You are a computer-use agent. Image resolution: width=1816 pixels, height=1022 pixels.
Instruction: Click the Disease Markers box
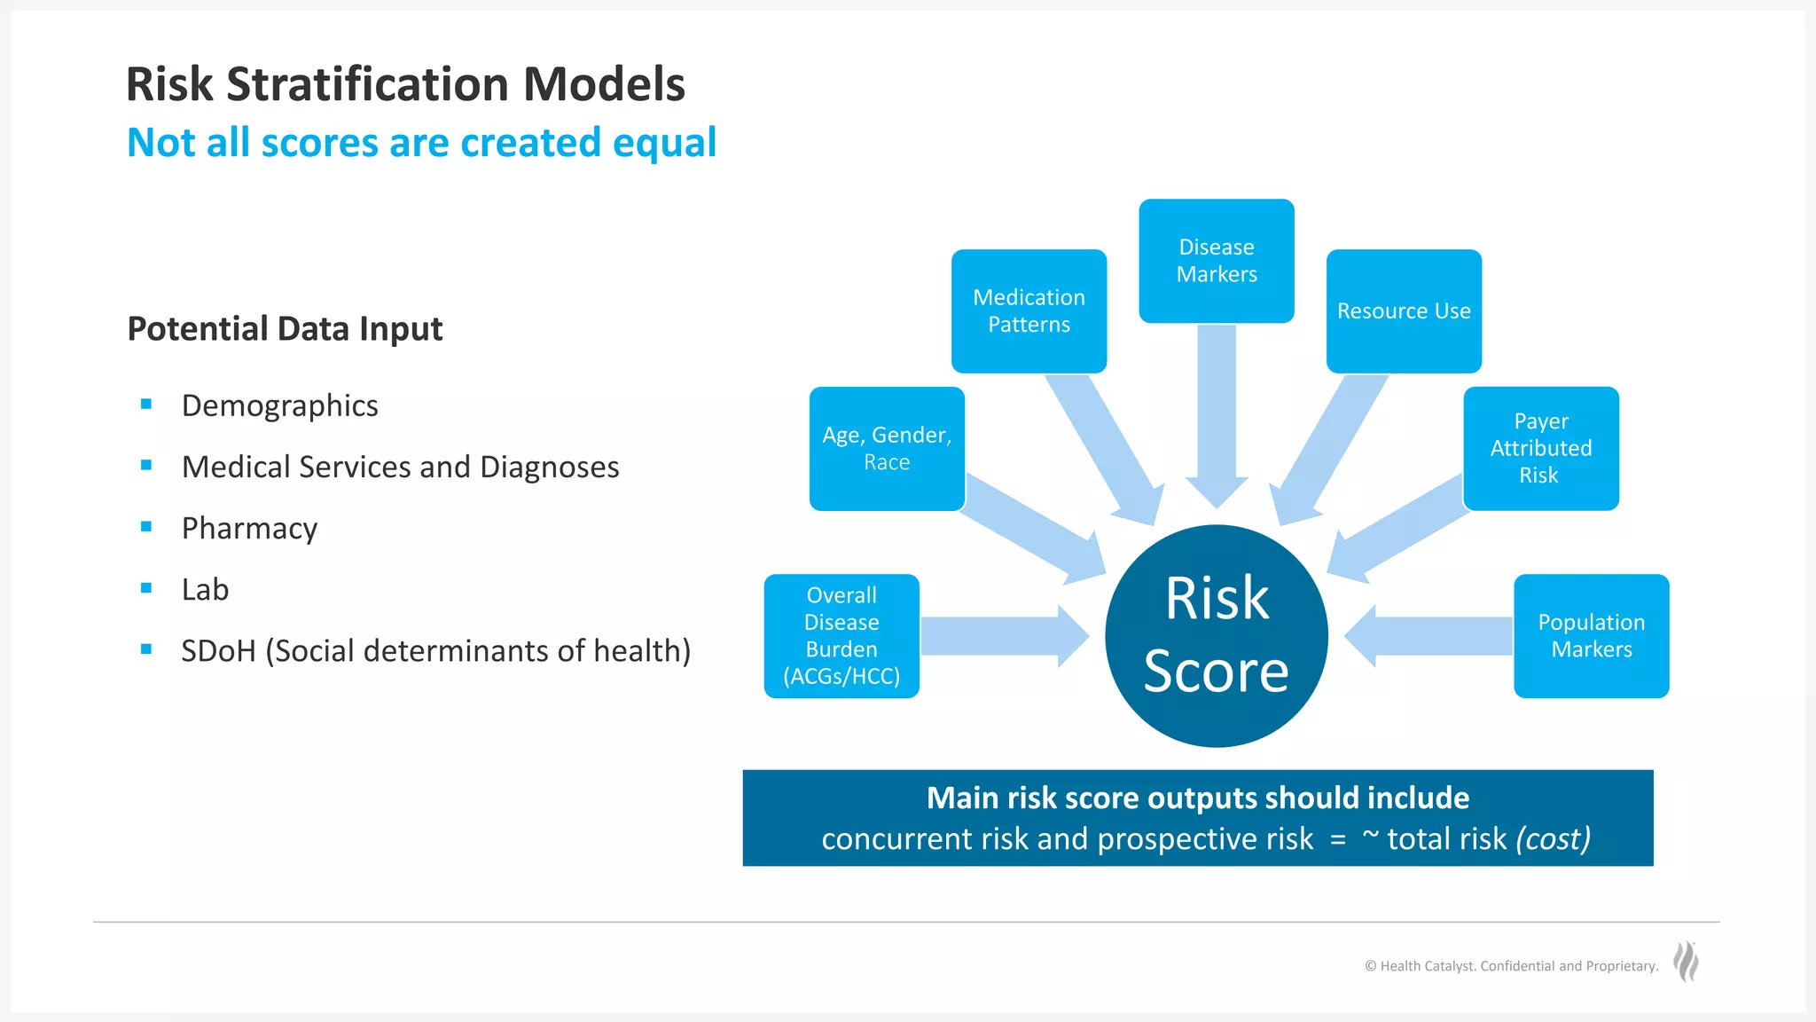(x=1216, y=261)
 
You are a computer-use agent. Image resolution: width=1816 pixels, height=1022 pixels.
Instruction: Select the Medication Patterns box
(x=1029, y=311)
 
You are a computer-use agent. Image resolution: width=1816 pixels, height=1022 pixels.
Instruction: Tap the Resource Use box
(x=1404, y=311)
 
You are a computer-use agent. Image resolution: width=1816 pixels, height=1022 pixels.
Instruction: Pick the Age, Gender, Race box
(x=887, y=448)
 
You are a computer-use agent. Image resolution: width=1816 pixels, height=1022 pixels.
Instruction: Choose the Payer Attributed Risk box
(x=1540, y=448)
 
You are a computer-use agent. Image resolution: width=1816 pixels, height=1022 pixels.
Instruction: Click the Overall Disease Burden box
(x=841, y=635)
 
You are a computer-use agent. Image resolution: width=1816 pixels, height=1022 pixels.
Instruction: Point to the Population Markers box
(x=1591, y=635)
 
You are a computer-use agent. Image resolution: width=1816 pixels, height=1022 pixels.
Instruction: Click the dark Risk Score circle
(x=1216, y=635)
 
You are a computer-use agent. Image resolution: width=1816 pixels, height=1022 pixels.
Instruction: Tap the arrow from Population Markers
(x=1428, y=635)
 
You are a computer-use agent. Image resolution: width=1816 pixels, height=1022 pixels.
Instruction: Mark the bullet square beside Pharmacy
(x=146, y=527)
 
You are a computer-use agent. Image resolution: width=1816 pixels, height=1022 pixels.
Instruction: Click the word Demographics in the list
(x=279, y=405)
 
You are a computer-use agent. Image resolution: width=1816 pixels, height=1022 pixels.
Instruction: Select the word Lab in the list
(x=205, y=589)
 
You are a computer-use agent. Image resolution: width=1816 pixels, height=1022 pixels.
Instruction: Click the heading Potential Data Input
(x=285, y=328)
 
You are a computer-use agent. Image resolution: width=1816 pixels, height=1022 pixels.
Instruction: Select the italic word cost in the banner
(x=1554, y=838)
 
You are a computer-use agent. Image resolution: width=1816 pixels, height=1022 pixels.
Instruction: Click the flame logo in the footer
(x=1686, y=962)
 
